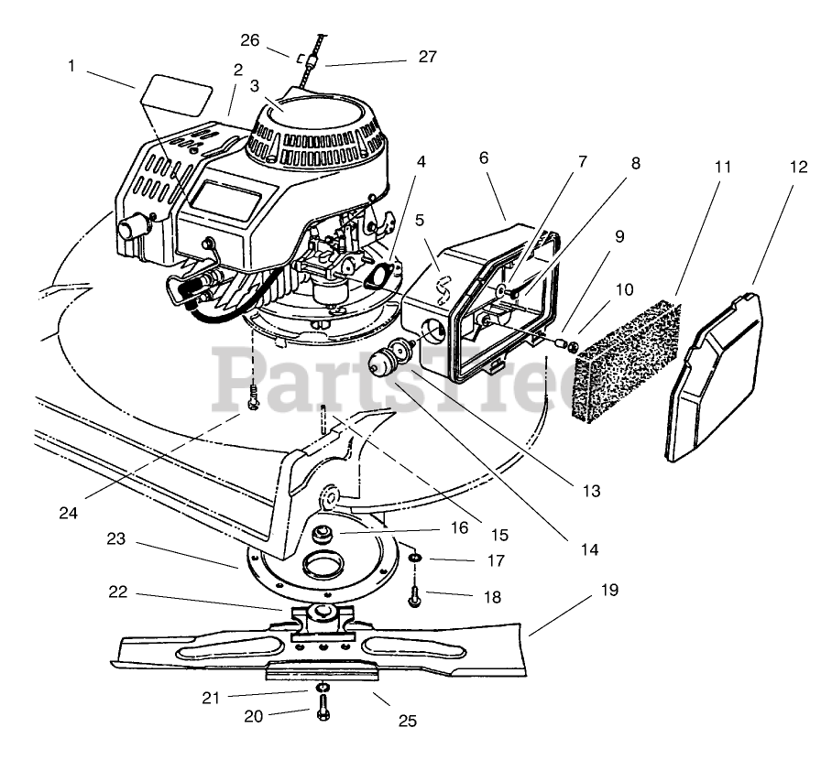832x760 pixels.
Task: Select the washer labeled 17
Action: pyautogui.click(x=415, y=558)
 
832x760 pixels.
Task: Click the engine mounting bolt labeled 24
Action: pyautogui.click(x=253, y=395)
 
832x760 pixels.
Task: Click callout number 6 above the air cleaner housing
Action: pyautogui.click(x=483, y=157)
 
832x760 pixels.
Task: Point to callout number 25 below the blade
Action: pyautogui.click(x=408, y=721)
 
